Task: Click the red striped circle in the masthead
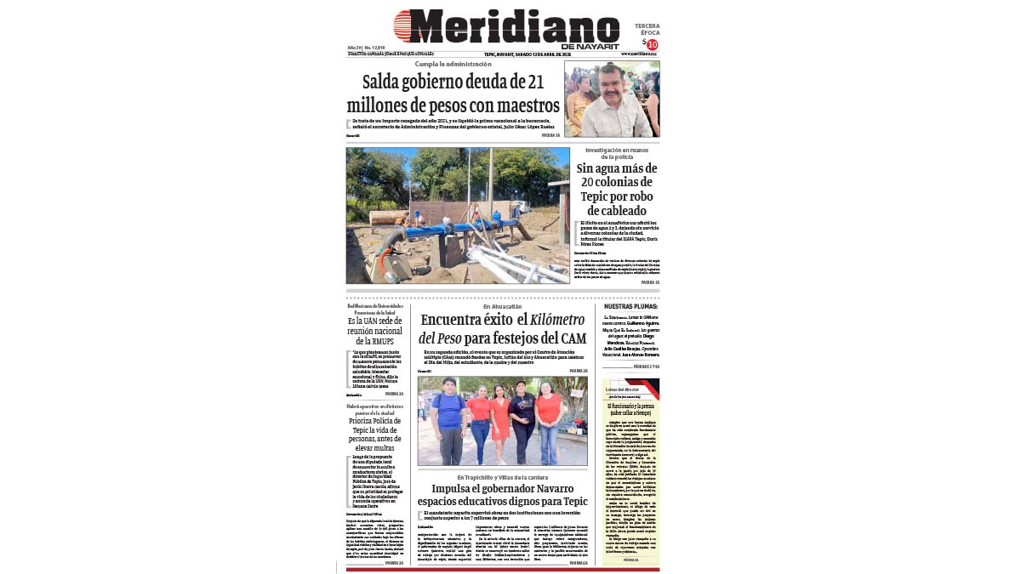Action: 406,26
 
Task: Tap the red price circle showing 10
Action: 653,44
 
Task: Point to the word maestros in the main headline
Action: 520,105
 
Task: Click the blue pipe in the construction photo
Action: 451,230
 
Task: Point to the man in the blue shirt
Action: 447,417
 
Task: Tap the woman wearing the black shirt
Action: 522,418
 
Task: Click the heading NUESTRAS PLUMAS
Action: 630,306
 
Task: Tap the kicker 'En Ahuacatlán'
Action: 502,306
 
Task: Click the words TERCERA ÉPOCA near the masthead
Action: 647,29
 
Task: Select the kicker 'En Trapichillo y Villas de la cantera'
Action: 502,477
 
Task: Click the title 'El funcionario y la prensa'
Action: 630,407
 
